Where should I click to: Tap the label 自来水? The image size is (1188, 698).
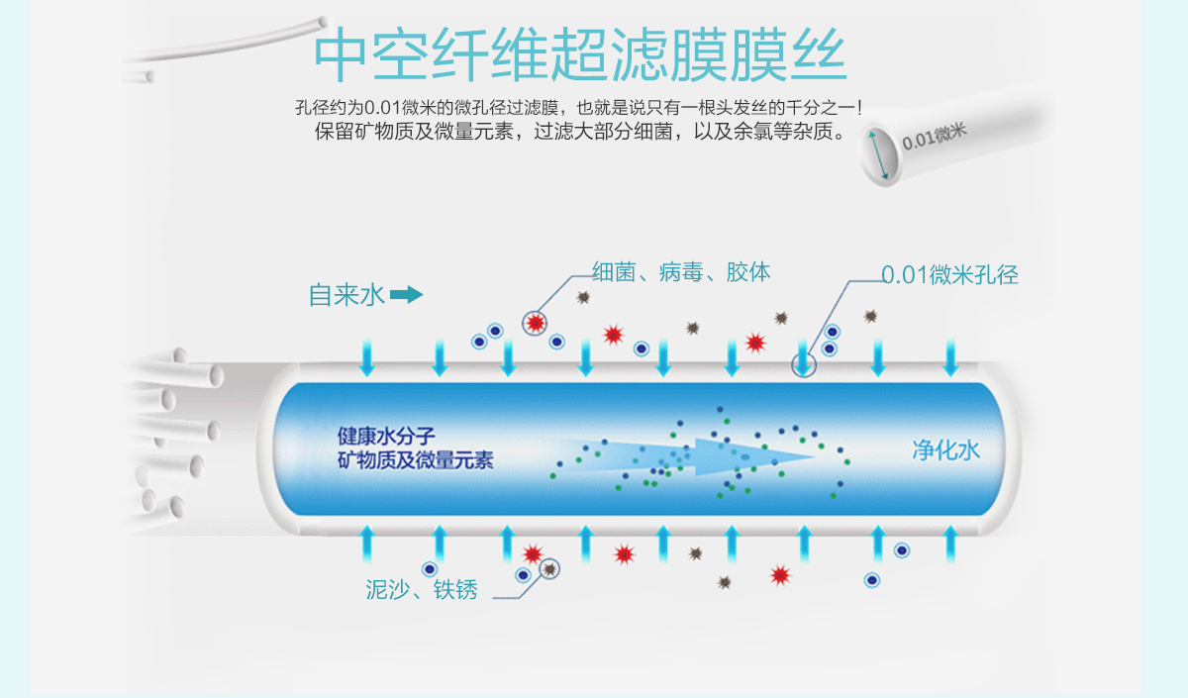tap(346, 295)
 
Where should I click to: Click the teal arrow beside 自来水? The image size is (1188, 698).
tap(406, 295)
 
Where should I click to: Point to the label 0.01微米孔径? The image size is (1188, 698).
tap(949, 275)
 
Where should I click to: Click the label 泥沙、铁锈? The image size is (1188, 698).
tap(422, 591)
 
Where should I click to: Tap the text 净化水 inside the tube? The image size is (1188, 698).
tap(945, 450)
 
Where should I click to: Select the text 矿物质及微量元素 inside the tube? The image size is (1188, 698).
tap(415, 460)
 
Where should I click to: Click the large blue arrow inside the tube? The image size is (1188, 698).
tap(693, 452)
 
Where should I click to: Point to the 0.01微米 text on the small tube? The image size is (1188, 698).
tap(934, 135)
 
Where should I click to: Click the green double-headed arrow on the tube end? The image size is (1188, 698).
tap(879, 153)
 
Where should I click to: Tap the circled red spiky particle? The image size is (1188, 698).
tap(536, 322)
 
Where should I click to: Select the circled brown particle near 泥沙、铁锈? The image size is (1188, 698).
tap(549, 569)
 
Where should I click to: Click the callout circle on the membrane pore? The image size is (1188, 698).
tap(804, 363)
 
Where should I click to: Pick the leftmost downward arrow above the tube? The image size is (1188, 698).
tap(367, 357)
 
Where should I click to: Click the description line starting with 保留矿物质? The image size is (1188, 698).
tap(579, 132)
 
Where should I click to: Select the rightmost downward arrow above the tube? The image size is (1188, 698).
tap(950, 357)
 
